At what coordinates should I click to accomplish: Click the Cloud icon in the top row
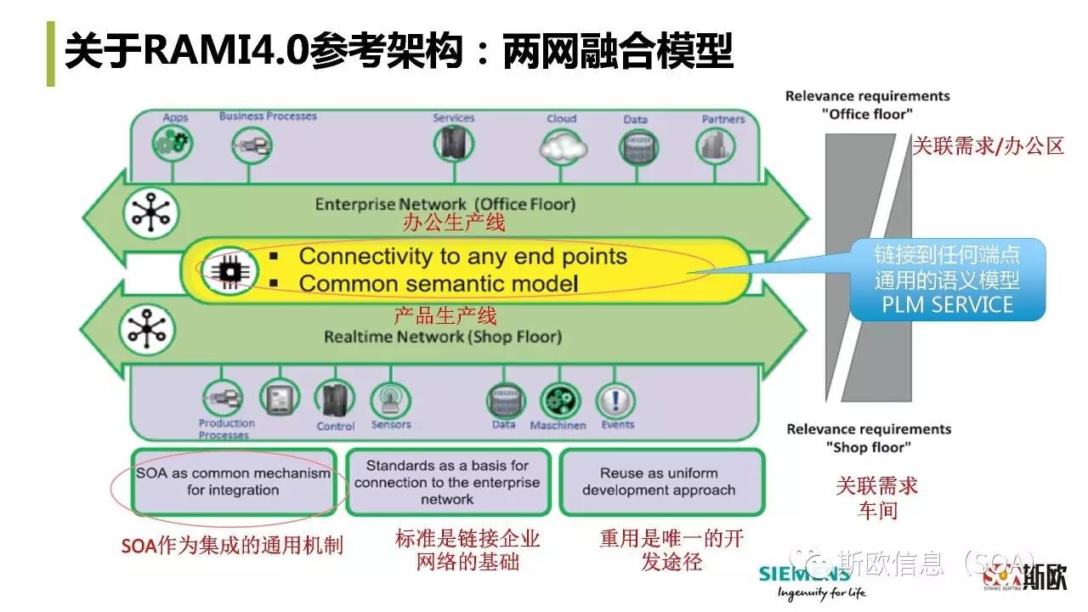point(563,147)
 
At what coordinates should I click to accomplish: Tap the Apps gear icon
point(173,143)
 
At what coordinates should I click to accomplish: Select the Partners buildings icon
point(715,146)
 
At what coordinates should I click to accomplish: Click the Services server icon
point(453,144)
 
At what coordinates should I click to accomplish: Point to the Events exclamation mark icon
point(615,399)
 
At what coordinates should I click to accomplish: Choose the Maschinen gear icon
point(559,399)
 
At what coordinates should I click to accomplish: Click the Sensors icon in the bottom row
point(390,399)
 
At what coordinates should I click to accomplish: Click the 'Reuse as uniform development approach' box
point(659,482)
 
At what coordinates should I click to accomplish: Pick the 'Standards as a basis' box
point(447,482)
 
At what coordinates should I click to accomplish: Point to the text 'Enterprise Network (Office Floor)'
point(445,204)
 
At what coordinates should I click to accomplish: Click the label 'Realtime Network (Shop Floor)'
point(443,337)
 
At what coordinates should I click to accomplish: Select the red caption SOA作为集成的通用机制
point(231,546)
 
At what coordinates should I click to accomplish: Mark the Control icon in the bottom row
point(334,399)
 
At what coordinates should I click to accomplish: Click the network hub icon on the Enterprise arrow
point(150,212)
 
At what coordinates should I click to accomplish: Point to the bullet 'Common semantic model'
point(438,283)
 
